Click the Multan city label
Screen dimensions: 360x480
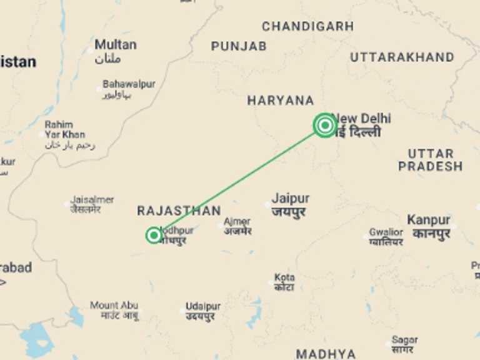pyautogui.click(x=116, y=45)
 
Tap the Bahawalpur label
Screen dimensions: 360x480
pyautogui.click(x=129, y=84)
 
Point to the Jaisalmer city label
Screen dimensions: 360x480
pyautogui.click(x=92, y=200)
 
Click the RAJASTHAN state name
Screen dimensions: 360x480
pyautogui.click(x=179, y=211)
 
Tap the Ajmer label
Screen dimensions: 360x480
pyautogui.click(x=237, y=222)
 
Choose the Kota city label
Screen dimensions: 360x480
pyautogui.click(x=284, y=277)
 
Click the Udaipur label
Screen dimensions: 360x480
pyautogui.click(x=202, y=307)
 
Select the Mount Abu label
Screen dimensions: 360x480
pyautogui.click(x=114, y=306)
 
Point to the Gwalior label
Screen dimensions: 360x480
pyautogui.click(x=386, y=232)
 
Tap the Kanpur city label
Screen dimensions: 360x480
pyautogui.click(x=428, y=220)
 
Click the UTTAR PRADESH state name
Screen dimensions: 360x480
pyautogui.click(x=430, y=160)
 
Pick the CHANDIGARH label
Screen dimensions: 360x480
pyautogui.click(x=307, y=27)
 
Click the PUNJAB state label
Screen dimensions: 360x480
pyautogui.click(x=239, y=46)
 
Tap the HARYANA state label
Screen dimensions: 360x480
pyautogui.click(x=281, y=101)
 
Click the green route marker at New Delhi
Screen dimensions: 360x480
pyautogui.click(x=325, y=125)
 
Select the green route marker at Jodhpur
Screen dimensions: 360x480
pyautogui.click(x=154, y=235)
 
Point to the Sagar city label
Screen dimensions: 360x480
pyautogui.click(x=404, y=340)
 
